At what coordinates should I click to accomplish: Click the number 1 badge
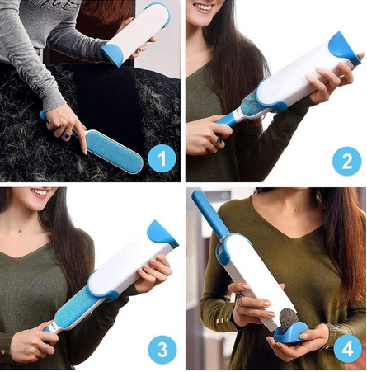pos(162,157)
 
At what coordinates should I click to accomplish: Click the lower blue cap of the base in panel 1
pos(112,54)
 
